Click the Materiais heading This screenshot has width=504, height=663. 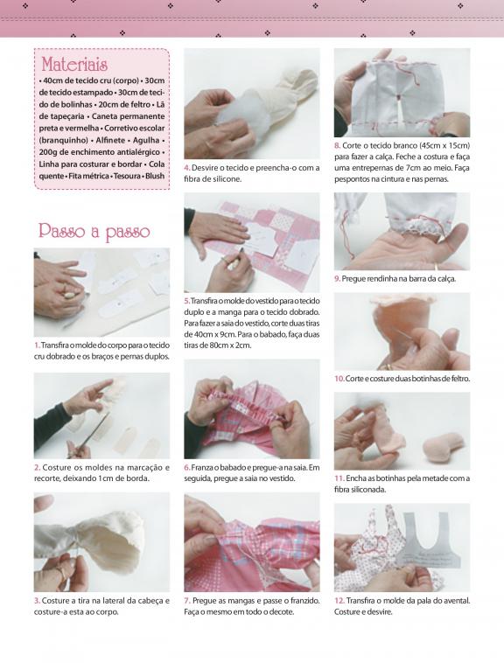74,65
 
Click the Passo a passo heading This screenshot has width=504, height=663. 94,231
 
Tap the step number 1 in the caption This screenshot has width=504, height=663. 37,345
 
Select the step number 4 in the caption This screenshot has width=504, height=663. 187,168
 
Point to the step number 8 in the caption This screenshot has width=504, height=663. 337,146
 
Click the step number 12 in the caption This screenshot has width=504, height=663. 339,601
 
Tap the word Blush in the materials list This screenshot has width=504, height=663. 155,176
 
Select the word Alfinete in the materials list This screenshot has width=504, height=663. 110,140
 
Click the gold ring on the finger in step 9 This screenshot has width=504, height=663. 436,267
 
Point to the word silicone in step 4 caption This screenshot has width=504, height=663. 228,178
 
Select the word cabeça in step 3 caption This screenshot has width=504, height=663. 148,601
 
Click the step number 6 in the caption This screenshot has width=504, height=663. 187,468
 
